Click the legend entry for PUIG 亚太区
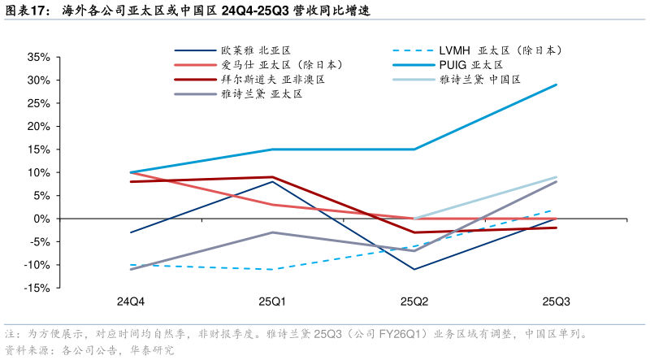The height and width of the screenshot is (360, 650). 472,64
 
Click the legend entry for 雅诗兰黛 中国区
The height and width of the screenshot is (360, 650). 479,80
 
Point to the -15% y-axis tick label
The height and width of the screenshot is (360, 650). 37,288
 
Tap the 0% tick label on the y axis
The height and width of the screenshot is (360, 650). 42,219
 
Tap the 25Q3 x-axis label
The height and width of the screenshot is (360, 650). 556,302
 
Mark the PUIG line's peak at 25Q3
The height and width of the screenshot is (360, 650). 557,85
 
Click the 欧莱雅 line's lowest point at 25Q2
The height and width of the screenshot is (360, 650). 414,269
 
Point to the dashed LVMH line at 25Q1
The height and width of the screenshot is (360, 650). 272,269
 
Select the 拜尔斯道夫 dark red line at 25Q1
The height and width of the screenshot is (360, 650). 272,177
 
